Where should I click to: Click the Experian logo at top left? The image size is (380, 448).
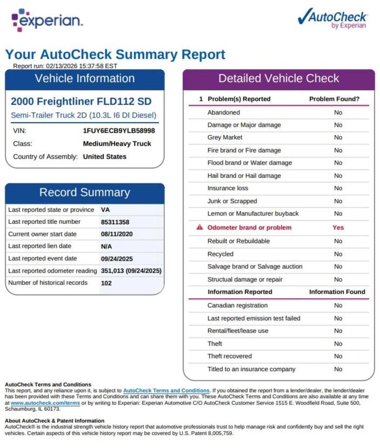click(47, 21)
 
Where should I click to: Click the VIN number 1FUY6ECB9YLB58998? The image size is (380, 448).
click(119, 131)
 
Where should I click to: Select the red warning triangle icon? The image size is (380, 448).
click(199, 227)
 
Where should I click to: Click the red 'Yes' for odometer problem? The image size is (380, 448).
click(338, 227)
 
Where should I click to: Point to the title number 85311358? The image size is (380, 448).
click(115, 222)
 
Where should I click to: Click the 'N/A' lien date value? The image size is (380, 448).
click(106, 246)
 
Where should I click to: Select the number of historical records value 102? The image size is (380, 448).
click(107, 283)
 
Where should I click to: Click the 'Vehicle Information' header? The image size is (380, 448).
click(85, 78)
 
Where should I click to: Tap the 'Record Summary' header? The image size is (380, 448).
click(85, 193)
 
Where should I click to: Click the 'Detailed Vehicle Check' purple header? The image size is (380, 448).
click(279, 78)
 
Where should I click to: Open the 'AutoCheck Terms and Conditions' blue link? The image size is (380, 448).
click(166, 390)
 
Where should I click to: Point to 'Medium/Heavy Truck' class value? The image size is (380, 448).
click(117, 144)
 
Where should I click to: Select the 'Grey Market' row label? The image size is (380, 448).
click(225, 138)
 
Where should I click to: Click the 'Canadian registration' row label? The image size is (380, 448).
click(237, 305)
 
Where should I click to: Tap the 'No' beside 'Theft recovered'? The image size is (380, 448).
click(338, 356)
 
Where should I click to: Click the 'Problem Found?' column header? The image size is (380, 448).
click(334, 99)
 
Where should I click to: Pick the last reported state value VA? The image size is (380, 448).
click(105, 210)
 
